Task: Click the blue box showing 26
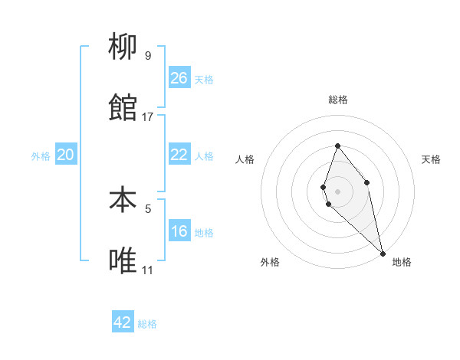pyautogui.click(x=179, y=78)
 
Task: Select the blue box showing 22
pyautogui.click(x=179, y=155)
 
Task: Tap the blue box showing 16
pyautogui.click(x=179, y=231)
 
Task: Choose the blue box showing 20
pyautogui.click(x=66, y=155)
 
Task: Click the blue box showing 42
pyautogui.click(x=123, y=322)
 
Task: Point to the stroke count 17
pyautogui.click(x=148, y=117)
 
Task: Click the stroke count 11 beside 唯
pyautogui.click(x=147, y=270)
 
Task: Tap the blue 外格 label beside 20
pyautogui.click(x=41, y=156)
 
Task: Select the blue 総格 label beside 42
pyautogui.click(x=147, y=324)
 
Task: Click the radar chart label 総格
pyautogui.click(x=338, y=100)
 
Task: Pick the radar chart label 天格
pyautogui.click(x=431, y=159)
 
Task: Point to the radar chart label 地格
pyautogui.click(x=402, y=262)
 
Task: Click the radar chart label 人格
pyautogui.click(x=245, y=159)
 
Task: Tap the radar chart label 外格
pyautogui.click(x=270, y=262)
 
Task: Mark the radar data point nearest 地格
pyautogui.click(x=383, y=253)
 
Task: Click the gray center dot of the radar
pyautogui.click(x=338, y=191)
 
